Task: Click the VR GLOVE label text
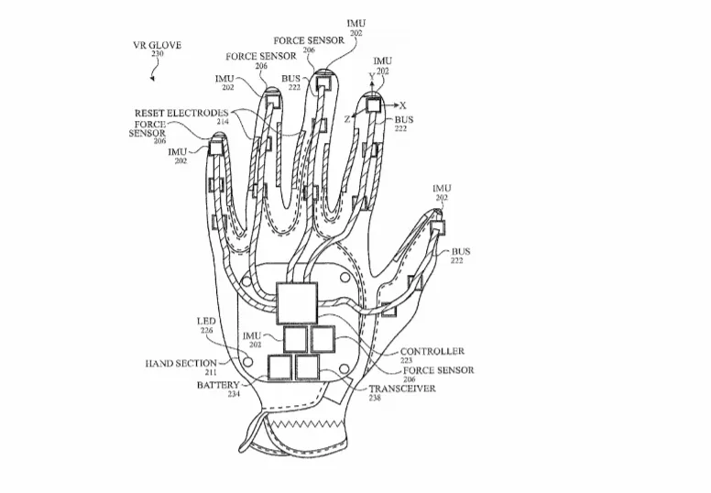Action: coord(157,45)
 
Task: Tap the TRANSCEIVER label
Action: coord(402,389)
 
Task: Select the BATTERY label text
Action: coord(218,386)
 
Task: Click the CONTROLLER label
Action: coord(432,352)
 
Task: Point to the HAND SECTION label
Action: coord(180,364)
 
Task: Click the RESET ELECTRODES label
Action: coord(181,114)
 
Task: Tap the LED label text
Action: coord(206,322)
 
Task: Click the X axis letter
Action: coord(402,105)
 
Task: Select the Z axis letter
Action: coord(347,120)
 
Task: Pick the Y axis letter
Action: coord(372,77)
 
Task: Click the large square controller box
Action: coord(297,302)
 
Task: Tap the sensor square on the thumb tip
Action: coord(438,226)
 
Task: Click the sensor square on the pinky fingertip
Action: coord(215,148)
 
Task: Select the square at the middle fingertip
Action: coord(323,83)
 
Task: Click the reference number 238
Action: coord(375,399)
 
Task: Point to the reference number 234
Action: coord(234,395)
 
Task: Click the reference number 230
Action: coord(158,54)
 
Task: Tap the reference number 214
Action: coord(223,122)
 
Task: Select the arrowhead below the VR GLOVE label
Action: coord(152,79)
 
